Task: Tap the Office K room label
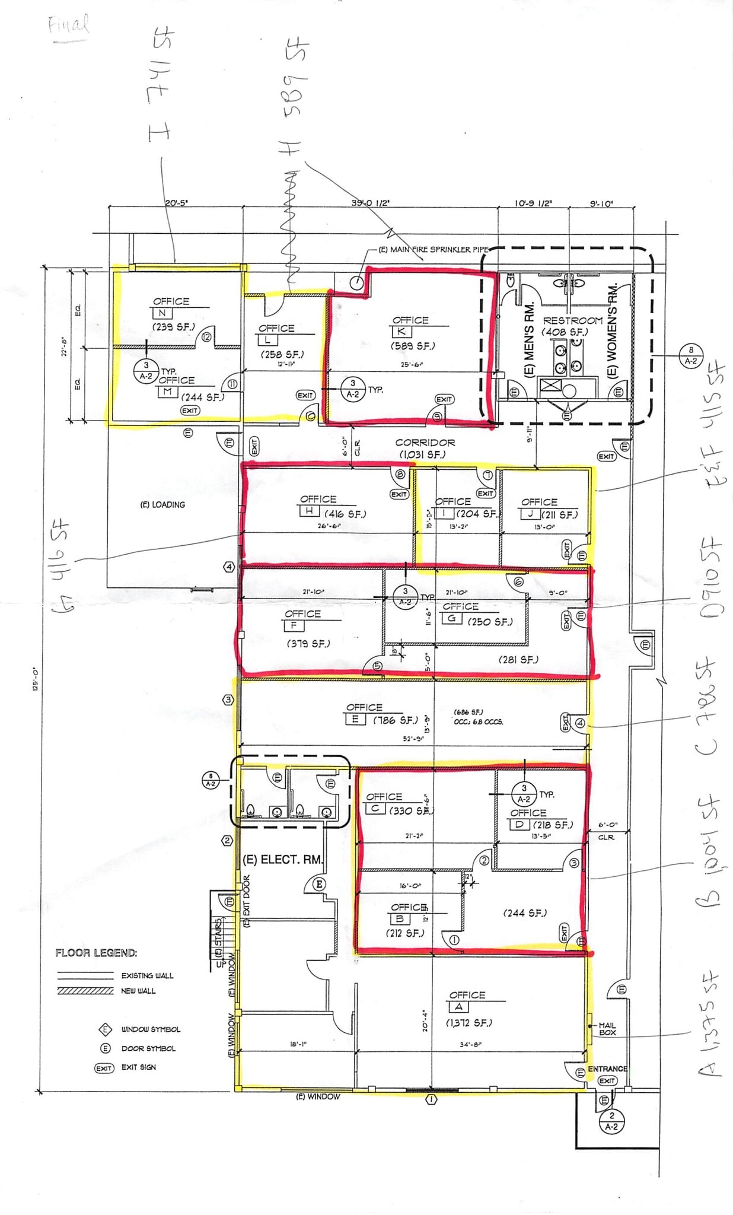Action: (410, 320)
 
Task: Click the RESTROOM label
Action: (572, 320)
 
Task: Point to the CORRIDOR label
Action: (425, 443)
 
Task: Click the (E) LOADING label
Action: (162, 505)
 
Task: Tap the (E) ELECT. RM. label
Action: (283, 860)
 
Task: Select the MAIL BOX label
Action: (607, 1029)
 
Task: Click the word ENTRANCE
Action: (607, 1068)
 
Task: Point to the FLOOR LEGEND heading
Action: (96, 953)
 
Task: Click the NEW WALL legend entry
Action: (138, 991)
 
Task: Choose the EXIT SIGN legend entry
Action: (139, 1067)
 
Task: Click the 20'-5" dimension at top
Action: (176, 203)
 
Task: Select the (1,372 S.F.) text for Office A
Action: (469, 1022)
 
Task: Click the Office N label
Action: (171, 302)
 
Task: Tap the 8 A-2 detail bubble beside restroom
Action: (691, 355)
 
